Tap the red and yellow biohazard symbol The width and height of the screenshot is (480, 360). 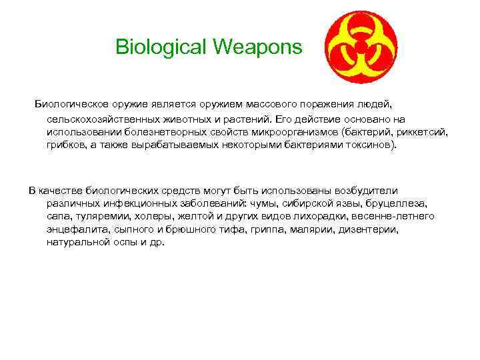click(x=361, y=45)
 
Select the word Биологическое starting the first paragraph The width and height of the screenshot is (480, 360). click(x=70, y=105)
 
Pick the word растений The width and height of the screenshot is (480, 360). click(x=249, y=119)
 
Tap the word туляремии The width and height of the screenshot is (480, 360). click(x=96, y=216)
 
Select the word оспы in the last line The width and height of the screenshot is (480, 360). click(x=125, y=242)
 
